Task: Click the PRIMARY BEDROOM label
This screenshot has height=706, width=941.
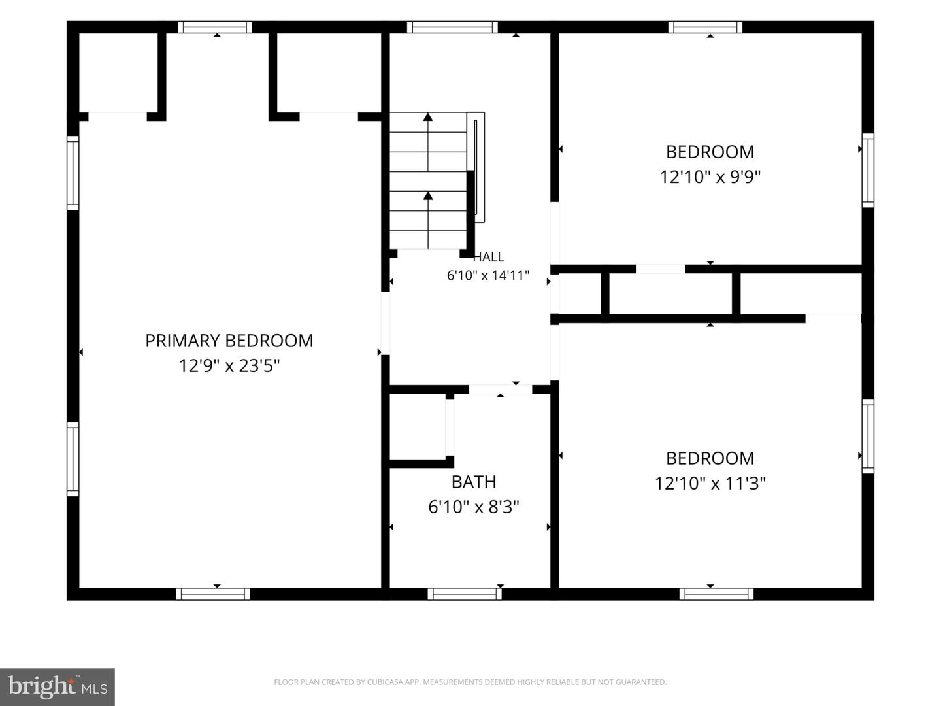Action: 229,341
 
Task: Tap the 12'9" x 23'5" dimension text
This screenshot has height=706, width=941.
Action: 229,366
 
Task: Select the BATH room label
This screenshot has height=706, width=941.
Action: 474,482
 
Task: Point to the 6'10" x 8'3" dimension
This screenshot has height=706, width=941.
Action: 474,507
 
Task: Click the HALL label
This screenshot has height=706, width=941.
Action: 488,257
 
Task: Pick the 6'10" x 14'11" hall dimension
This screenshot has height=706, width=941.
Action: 488,276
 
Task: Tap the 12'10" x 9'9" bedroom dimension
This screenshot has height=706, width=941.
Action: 710,176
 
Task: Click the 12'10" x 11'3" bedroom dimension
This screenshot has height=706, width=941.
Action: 710,484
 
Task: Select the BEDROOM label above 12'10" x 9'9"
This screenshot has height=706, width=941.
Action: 710,152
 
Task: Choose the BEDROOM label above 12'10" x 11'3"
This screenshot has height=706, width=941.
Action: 710,459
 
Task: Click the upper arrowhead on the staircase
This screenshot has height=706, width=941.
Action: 428,117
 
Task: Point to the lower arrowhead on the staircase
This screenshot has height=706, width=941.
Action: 428,196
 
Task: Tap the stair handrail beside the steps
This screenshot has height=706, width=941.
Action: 476,167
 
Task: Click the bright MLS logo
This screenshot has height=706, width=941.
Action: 57,686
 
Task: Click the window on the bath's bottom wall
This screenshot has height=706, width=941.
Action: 465,594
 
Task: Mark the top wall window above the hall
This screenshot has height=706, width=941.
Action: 452,27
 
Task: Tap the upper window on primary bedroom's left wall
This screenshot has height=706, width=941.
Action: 73,173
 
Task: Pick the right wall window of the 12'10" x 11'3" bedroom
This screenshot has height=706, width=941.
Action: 868,437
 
